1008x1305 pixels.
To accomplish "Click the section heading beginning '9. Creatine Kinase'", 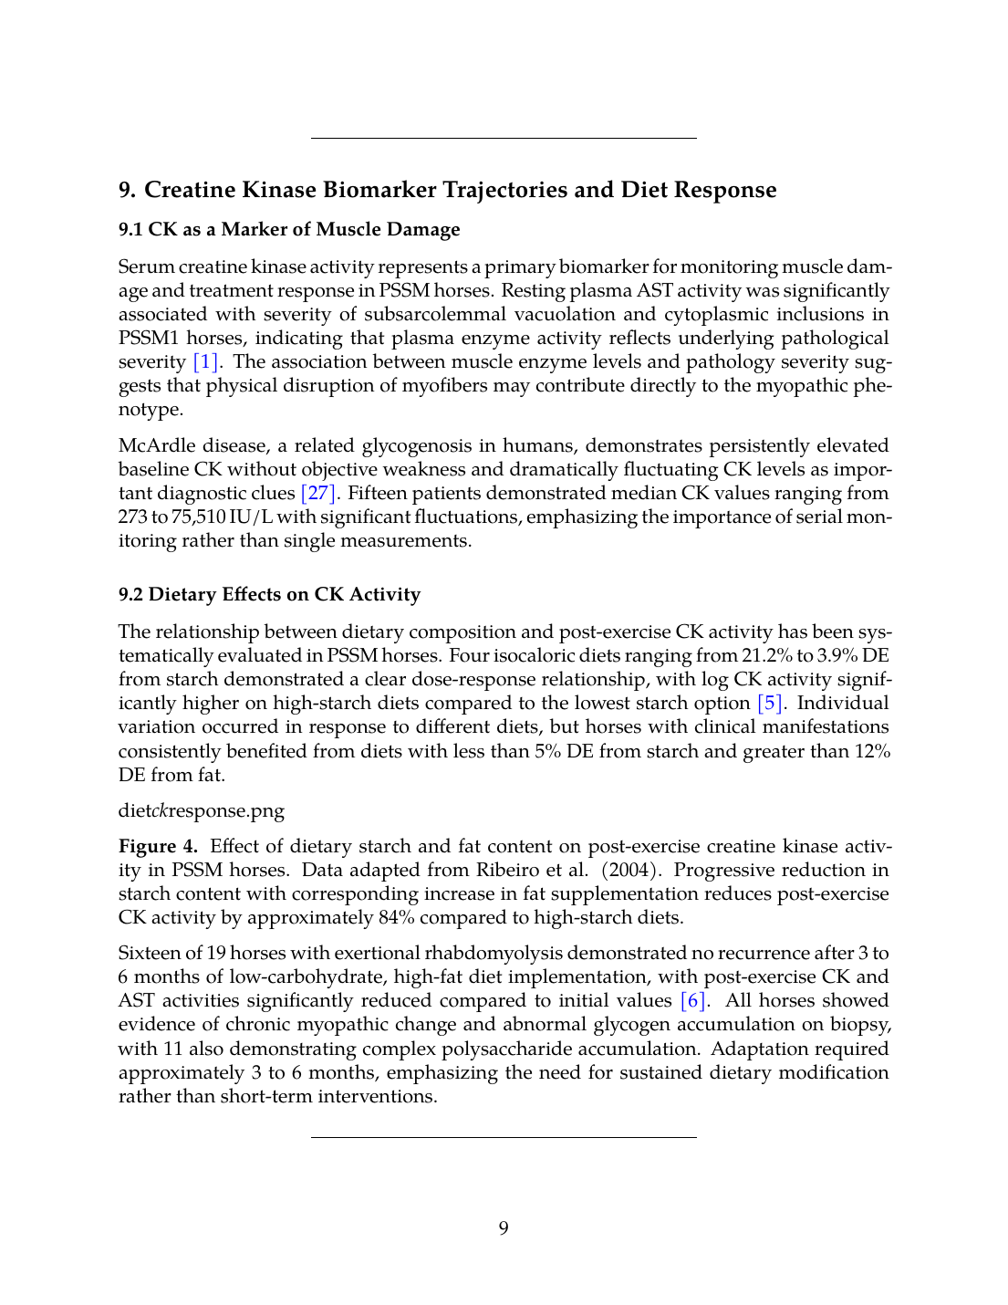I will tap(447, 190).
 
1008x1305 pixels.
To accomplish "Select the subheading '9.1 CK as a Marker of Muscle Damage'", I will tap(289, 229).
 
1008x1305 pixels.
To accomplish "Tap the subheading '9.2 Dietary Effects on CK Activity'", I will tap(269, 594).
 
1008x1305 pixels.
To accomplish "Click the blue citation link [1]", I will tap(205, 361).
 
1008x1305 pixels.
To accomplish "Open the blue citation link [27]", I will tap(318, 493).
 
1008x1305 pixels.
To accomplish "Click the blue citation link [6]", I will tap(694, 1000).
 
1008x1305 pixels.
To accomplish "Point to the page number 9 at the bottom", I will tap(504, 1228).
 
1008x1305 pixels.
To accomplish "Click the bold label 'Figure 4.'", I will tap(158, 846).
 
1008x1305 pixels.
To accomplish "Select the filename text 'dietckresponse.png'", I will tap(201, 810).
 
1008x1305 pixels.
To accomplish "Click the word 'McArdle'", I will tap(154, 445).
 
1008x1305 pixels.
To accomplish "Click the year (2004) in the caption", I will tap(629, 870).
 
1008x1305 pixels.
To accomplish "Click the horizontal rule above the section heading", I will tap(504, 138).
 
